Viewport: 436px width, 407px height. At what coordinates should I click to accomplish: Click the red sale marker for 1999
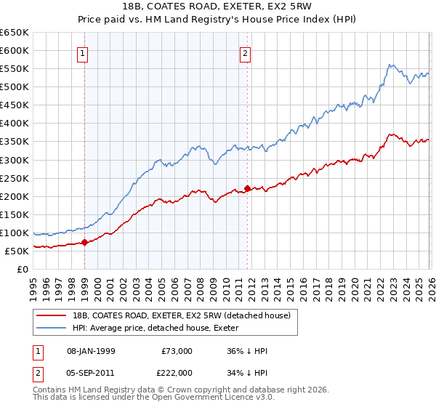[x=84, y=243]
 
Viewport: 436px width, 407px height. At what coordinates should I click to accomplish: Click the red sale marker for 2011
[x=247, y=188]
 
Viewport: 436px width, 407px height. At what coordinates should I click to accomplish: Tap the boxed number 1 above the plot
[x=83, y=53]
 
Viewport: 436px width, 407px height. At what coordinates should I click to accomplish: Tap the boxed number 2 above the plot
[x=246, y=53]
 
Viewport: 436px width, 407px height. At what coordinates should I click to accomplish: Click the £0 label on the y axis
[x=22, y=270]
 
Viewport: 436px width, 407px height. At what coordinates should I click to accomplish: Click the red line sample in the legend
[x=52, y=315]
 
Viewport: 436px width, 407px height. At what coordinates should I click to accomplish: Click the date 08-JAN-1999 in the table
[x=90, y=351]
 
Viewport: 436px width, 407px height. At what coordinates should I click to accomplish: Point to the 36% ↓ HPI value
[x=247, y=351]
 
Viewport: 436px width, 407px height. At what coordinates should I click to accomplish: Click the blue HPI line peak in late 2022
[x=389, y=65]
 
